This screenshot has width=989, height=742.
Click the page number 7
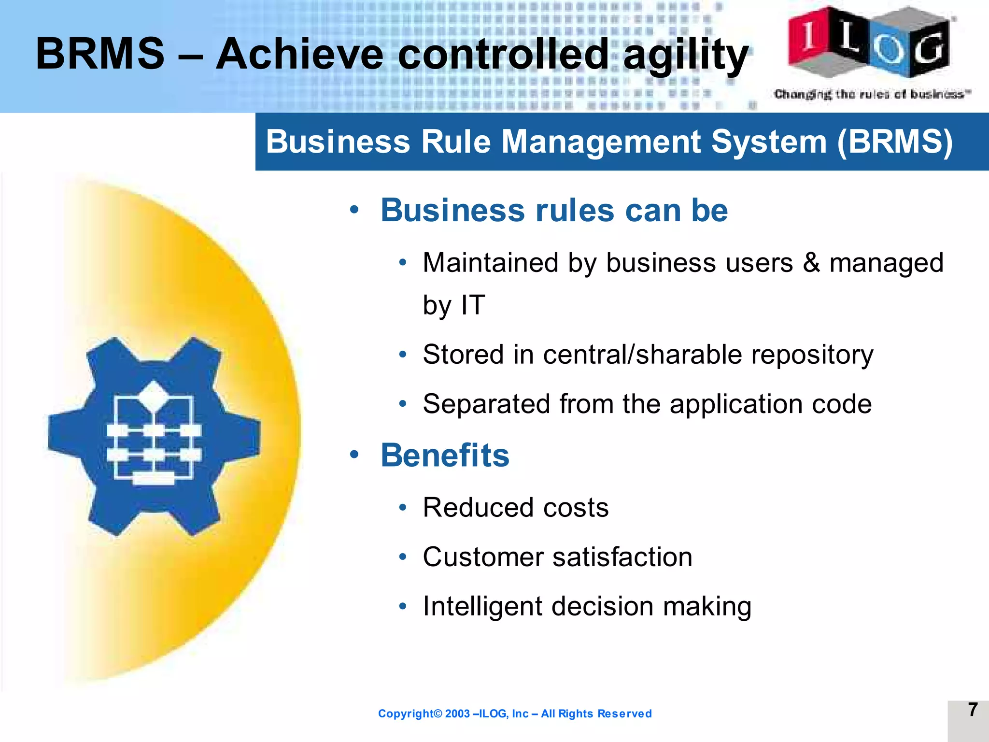click(973, 710)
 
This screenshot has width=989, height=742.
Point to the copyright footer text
click(515, 713)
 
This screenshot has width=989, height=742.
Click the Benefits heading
click(445, 456)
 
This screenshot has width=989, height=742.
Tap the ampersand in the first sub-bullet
click(811, 263)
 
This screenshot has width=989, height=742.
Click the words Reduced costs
click(516, 508)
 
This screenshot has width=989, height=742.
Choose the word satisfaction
click(622, 557)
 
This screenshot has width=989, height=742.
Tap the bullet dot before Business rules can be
click(354, 211)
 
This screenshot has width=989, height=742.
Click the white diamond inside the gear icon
click(154, 396)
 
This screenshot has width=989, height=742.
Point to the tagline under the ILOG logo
click(872, 94)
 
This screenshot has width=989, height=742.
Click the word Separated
click(486, 404)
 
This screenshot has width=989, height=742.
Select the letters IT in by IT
click(473, 305)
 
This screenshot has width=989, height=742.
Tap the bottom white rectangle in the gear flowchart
click(154, 478)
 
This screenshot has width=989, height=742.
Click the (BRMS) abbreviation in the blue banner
click(895, 142)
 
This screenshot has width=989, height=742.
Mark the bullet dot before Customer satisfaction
click(403, 557)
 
